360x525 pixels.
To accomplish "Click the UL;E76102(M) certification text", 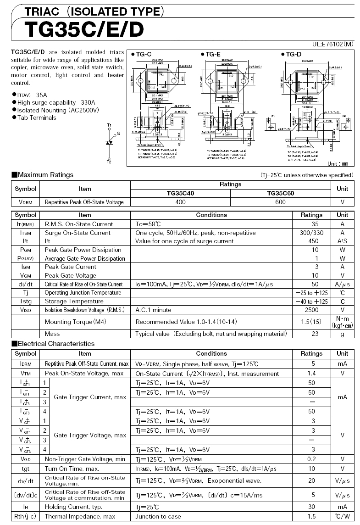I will pyautogui.click(x=333, y=45).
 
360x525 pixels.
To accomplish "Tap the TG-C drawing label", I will pyautogui.click(x=142, y=54).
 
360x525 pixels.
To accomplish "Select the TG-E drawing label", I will pyautogui.click(x=211, y=54).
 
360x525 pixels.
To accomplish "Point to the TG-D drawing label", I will pyautogui.click(x=292, y=54).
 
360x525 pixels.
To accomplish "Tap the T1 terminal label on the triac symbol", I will pyautogui.click(x=109, y=125).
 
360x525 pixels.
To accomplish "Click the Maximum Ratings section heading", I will pyautogui.click(x=42, y=175).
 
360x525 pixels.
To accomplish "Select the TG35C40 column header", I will pyautogui.click(x=180, y=193).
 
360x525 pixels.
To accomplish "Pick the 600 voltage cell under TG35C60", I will pyautogui.click(x=280, y=202).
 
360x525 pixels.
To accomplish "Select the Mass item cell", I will pyautogui.click(x=52, y=334).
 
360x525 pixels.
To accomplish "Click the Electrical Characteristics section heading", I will pyautogui.click(x=53, y=344).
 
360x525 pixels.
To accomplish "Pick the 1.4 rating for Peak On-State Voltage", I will pyautogui.click(x=311, y=373).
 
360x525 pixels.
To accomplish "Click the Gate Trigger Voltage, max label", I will pyautogui.click(x=90, y=435).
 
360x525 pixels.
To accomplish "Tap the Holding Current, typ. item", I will pyautogui.click(x=73, y=507).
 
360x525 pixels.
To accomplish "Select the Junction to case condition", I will pyautogui.click(x=158, y=516).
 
